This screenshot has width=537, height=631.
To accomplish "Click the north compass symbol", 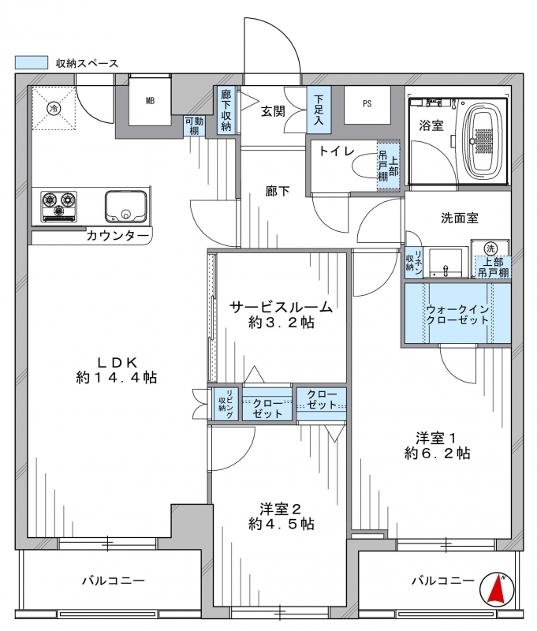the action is pyautogui.click(x=497, y=588).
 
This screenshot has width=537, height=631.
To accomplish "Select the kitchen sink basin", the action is pyautogui.click(x=126, y=206).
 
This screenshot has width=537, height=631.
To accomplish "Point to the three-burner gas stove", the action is pyautogui.click(x=58, y=207).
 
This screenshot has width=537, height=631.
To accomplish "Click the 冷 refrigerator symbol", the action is pyautogui.click(x=54, y=108).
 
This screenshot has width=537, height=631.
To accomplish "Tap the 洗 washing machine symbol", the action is pyautogui.click(x=490, y=248).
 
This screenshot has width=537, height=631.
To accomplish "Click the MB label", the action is pyautogui.click(x=150, y=101).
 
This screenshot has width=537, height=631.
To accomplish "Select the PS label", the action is pyautogui.click(x=367, y=104).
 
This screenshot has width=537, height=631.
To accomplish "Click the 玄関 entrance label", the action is pyautogui.click(x=274, y=111).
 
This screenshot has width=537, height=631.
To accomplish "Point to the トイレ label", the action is pyautogui.click(x=337, y=151).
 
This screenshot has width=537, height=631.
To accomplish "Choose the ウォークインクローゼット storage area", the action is pyautogui.click(x=458, y=313).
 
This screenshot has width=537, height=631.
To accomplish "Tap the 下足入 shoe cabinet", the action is pyautogui.click(x=319, y=110).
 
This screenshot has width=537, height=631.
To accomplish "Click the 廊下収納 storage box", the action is pyautogui.click(x=226, y=110).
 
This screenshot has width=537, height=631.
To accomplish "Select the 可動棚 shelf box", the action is pyautogui.click(x=194, y=125).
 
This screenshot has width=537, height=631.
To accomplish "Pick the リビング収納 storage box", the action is pyautogui.click(x=226, y=404).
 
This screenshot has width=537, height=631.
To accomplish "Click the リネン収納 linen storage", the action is pyautogui.click(x=413, y=263).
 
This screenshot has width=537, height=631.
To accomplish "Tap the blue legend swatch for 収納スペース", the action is pyautogui.click(x=32, y=62).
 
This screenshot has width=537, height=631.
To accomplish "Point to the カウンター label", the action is pyautogui.click(x=117, y=235).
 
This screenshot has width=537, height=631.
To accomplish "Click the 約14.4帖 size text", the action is pyautogui.click(x=117, y=378).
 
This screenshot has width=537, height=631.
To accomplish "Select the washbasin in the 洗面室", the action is pyautogui.click(x=446, y=263).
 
